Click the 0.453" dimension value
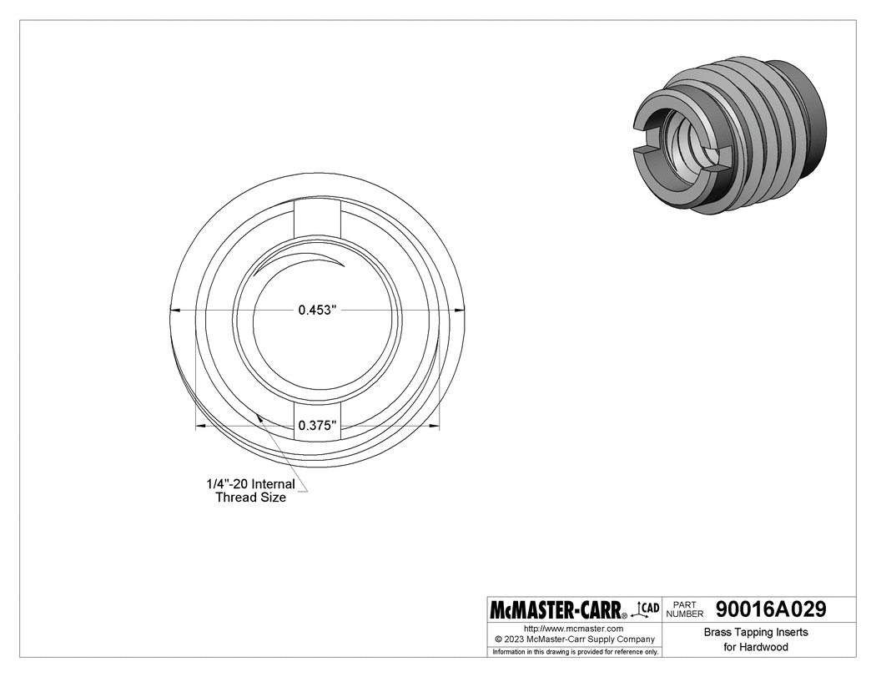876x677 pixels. click(x=317, y=310)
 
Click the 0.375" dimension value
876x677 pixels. click(x=317, y=426)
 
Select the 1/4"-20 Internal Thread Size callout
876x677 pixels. click(x=251, y=490)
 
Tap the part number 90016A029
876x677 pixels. click(x=770, y=609)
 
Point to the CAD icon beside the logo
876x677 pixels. click(x=646, y=609)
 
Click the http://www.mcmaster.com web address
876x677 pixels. click(x=573, y=629)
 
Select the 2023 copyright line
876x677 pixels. click(x=575, y=639)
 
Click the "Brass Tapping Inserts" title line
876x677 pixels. click(x=756, y=632)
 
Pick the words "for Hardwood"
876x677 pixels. click(x=756, y=647)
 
